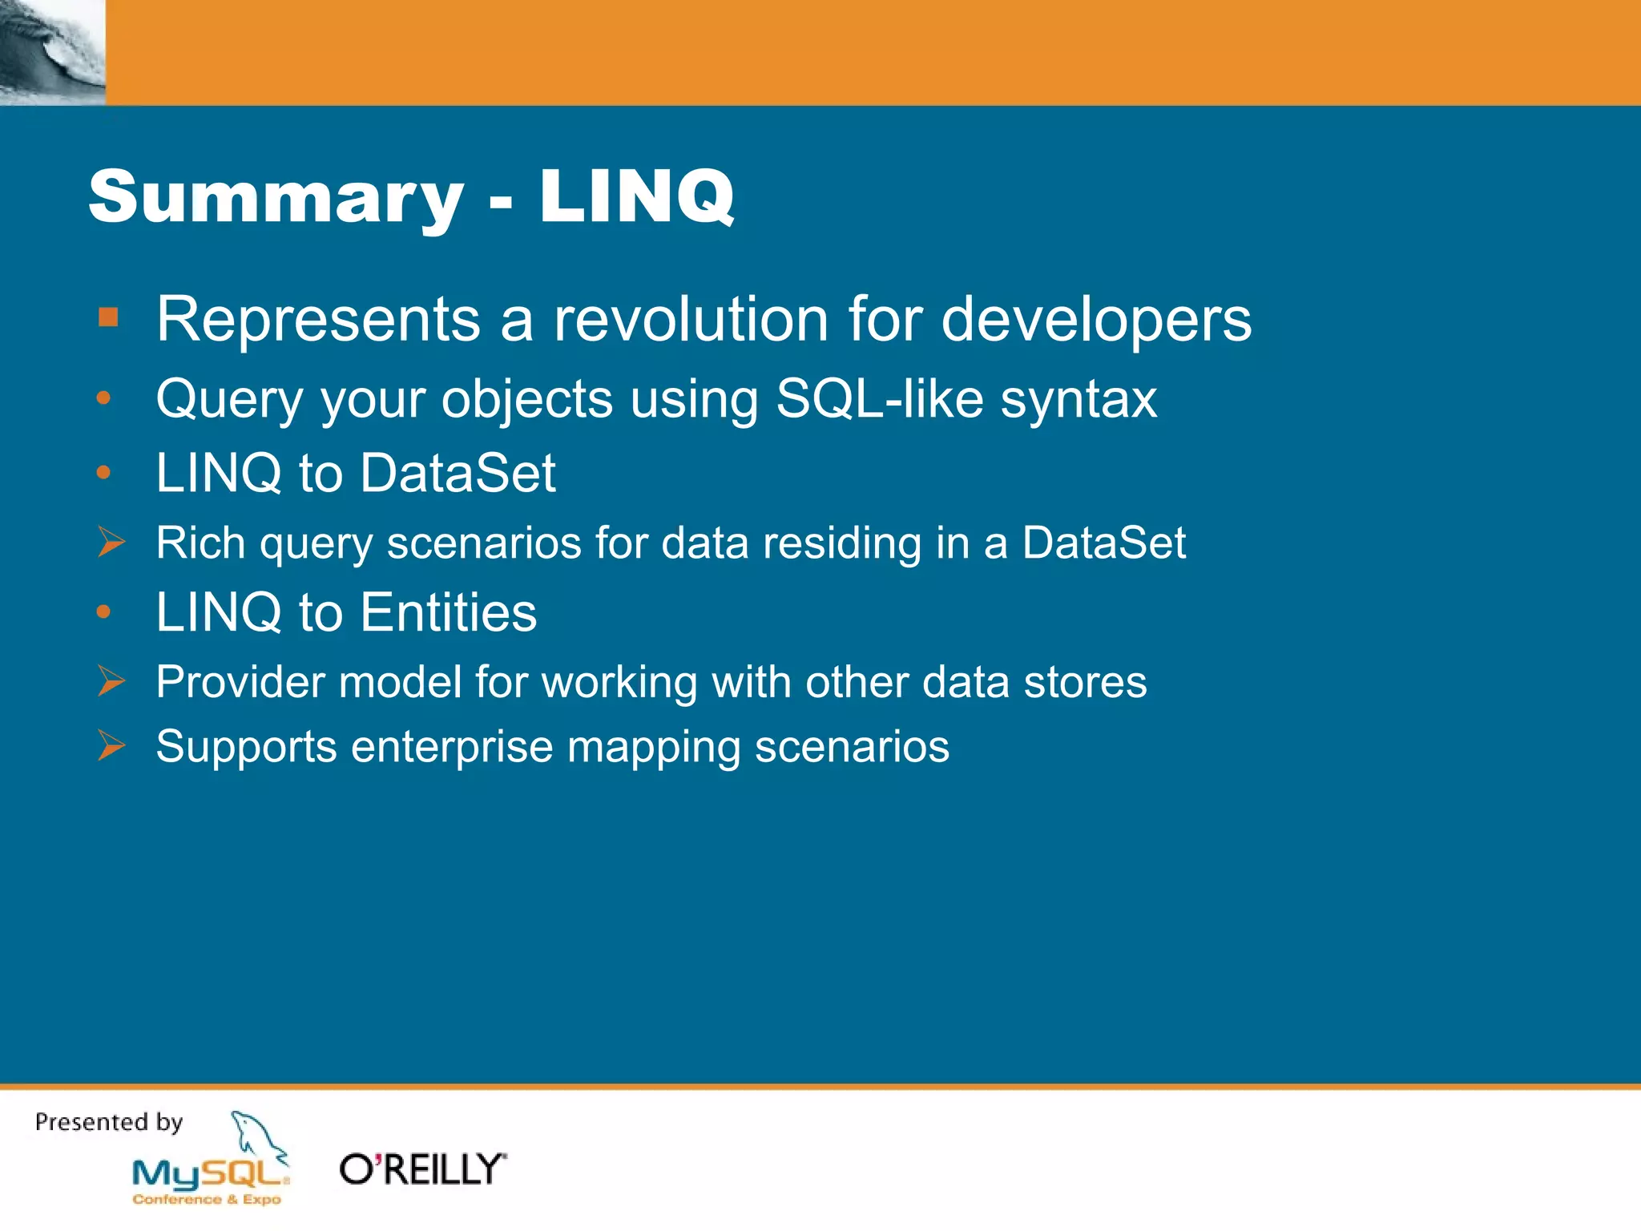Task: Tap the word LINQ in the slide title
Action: (x=636, y=197)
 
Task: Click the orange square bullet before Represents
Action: (x=108, y=317)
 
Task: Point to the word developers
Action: (x=1095, y=321)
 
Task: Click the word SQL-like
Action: (x=879, y=398)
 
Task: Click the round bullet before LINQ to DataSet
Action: (x=103, y=473)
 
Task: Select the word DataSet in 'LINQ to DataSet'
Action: (x=458, y=473)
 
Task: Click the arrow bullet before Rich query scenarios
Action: (x=111, y=542)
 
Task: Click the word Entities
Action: (x=449, y=612)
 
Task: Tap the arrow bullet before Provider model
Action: (x=111, y=681)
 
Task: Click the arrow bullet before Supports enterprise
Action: (x=111, y=745)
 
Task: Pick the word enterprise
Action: (x=452, y=748)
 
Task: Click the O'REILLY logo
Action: (x=423, y=1169)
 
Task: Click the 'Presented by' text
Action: (x=109, y=1122)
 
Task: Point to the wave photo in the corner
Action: (x=52, y=52)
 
